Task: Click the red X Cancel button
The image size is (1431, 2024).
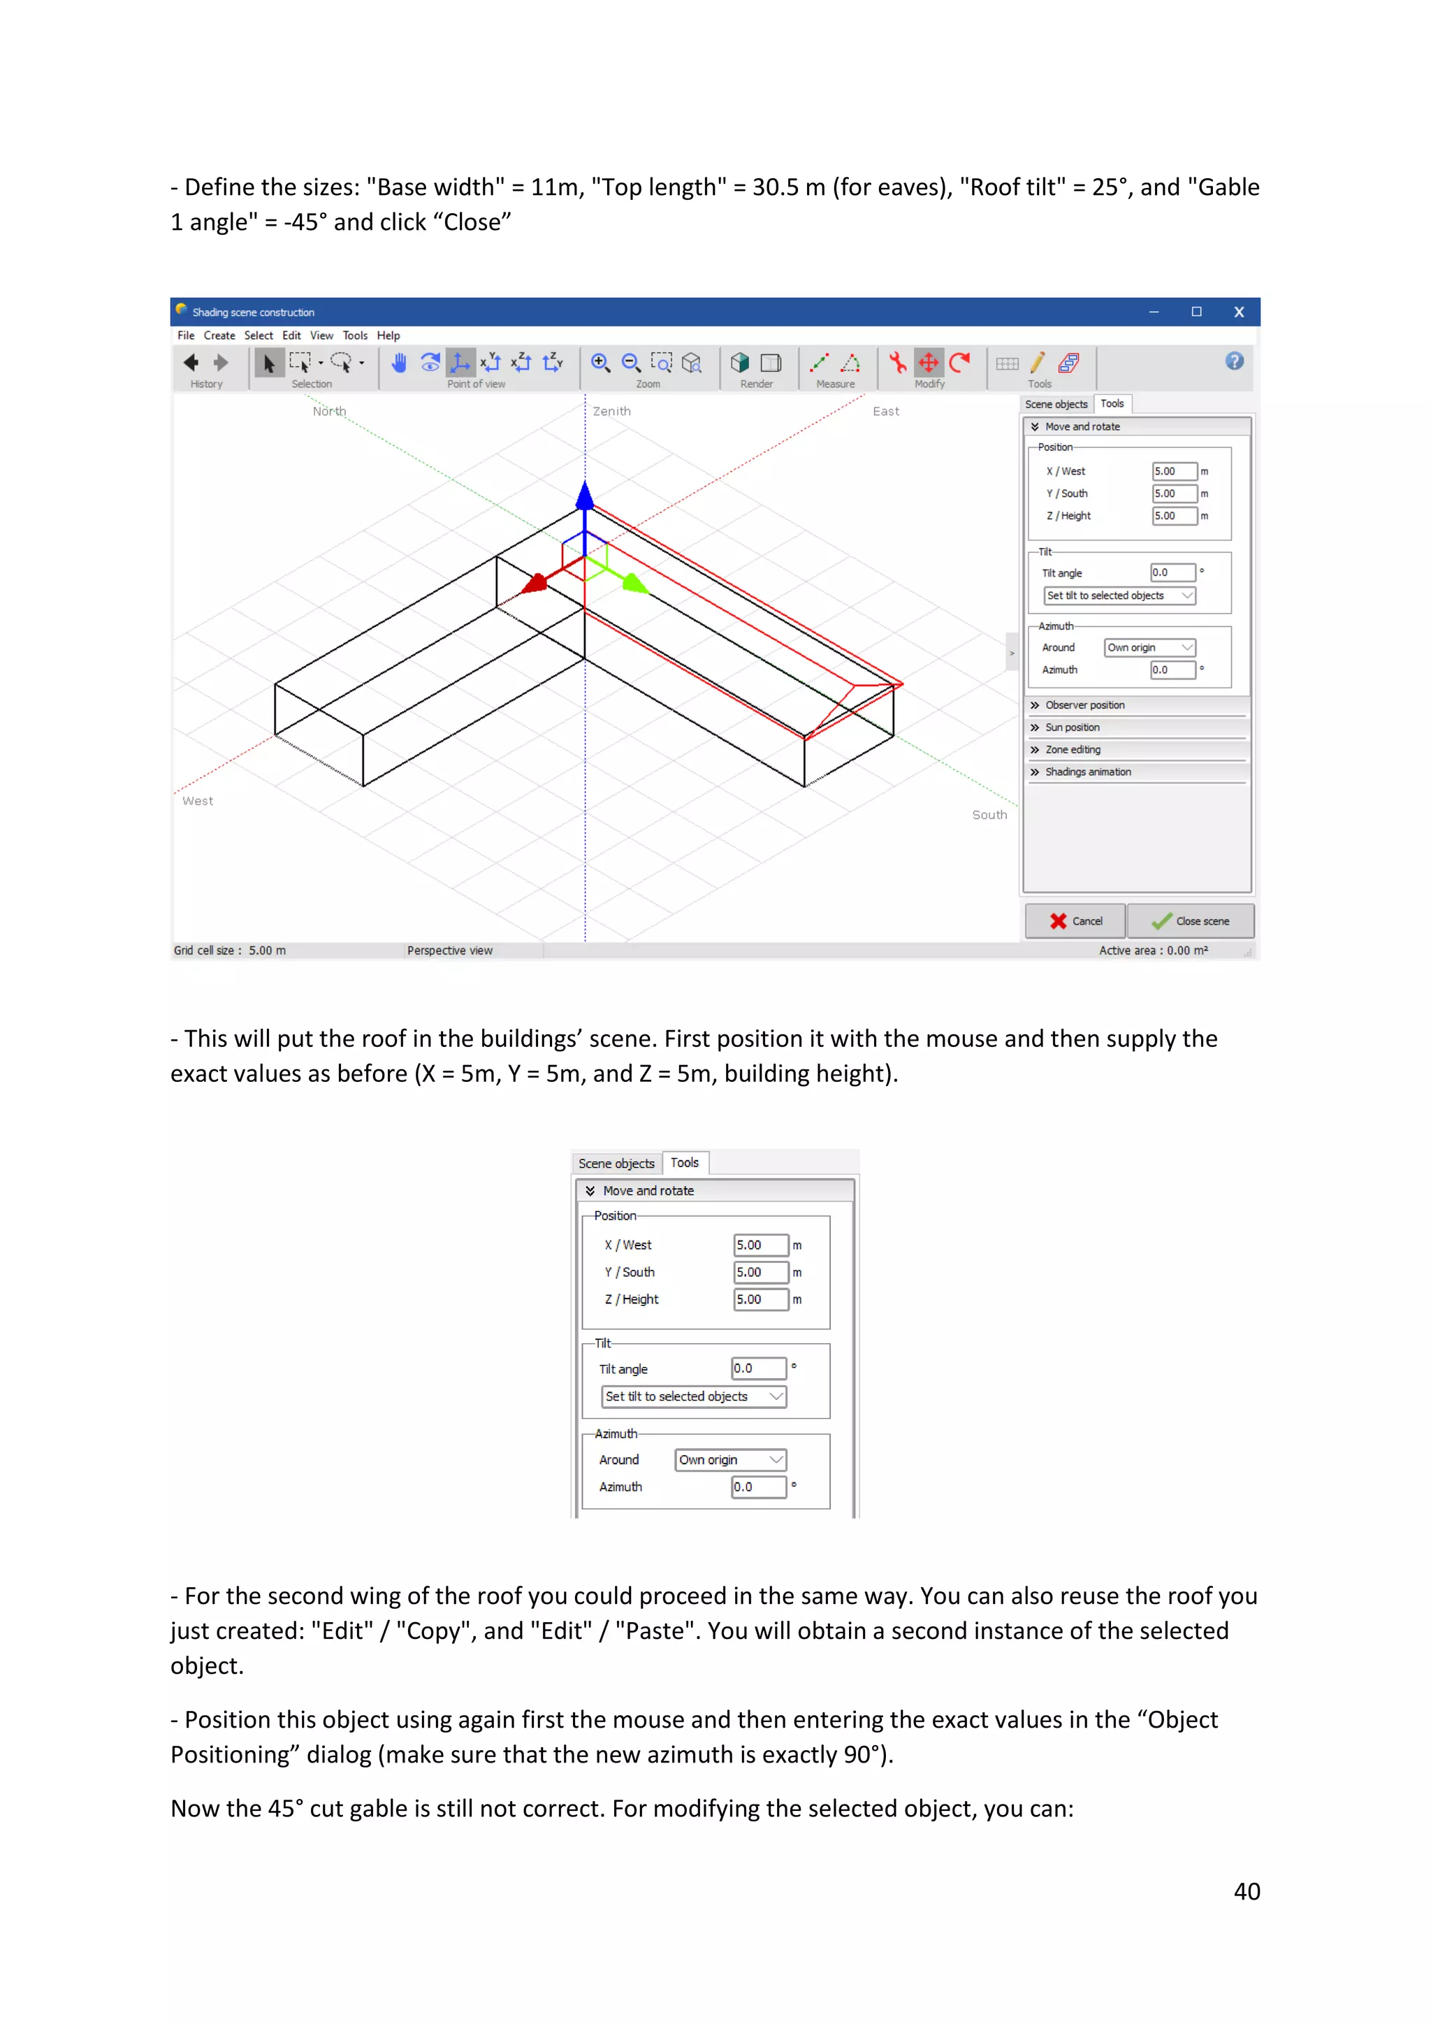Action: click(x=1075, y=920)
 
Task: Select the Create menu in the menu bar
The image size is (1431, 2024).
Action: click(x=219, y=336)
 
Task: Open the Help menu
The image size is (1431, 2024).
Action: click(x=388, y=336)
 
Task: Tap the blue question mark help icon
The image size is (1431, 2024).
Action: click(x=1234, y=361)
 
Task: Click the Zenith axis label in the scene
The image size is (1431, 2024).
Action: click(x=611, y=412)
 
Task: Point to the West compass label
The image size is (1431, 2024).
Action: click(x=197, y=802)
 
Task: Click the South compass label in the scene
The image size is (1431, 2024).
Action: click(x=989, y=816)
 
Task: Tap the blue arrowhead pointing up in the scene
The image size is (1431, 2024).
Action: click(x=585, y=496)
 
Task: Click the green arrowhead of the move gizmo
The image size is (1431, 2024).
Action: click(x=634, y=583)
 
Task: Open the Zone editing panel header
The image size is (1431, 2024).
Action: click(x=1073, y=749)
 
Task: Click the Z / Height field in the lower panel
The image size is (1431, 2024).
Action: click(x=760, y=1299)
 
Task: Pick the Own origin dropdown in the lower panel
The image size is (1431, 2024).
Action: click(x=729, y=1460)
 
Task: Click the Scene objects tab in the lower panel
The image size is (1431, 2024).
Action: click(x=616, y=1164)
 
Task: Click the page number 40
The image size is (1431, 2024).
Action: click(x=1246, y=1892)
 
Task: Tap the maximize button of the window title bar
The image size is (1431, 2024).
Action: click(x=1196, y=312)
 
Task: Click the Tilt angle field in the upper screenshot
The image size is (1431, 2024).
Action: click(x=1172, y=573)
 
